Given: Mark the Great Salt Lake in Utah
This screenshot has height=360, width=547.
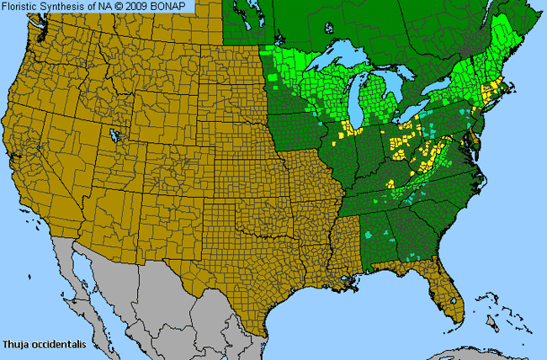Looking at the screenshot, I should (x=113, y=135).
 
